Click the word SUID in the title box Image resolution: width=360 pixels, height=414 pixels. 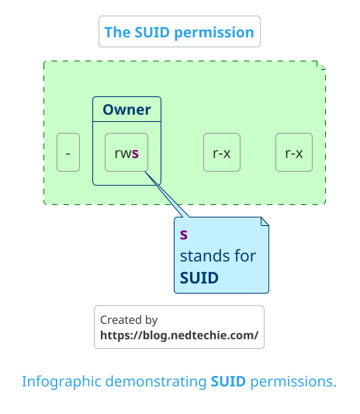click(152, 32)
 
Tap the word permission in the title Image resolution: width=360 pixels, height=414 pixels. click(214, 33)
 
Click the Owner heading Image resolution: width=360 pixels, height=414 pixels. click(126, 110)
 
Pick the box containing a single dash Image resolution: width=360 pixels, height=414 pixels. click(68, 152)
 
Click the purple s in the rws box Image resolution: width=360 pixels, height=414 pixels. click(135, 153)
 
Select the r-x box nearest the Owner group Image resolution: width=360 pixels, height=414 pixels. click(222, 152)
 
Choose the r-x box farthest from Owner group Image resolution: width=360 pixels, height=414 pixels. click(294, 152)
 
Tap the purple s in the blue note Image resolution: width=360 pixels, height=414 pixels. click(184, 235)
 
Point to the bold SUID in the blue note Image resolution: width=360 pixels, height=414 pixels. click(199, 278)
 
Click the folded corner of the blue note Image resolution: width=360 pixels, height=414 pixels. click(265, 221)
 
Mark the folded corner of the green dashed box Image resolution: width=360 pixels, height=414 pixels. click(321, 65)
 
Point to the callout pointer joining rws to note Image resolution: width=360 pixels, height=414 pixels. click(167, 194)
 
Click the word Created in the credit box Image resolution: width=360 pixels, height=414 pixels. click(117, 320)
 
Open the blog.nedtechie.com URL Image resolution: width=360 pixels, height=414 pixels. click(179, 336)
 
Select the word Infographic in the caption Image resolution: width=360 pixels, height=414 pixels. click(61, 382)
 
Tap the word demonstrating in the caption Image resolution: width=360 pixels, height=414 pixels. click(156, 382)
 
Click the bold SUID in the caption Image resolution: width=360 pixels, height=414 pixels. click(228, 381)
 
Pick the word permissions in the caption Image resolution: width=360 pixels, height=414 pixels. click(293, 382)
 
